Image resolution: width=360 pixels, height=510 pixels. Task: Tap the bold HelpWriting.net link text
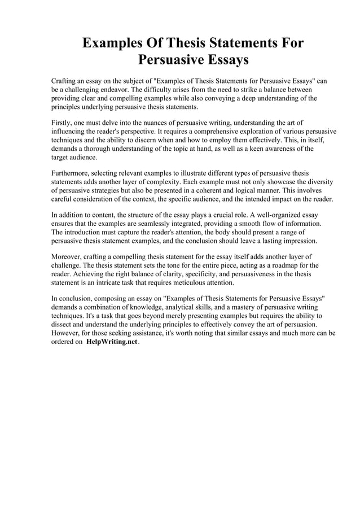tap(112, 343)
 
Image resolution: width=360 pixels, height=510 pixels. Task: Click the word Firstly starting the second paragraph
tap(63, 123)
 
